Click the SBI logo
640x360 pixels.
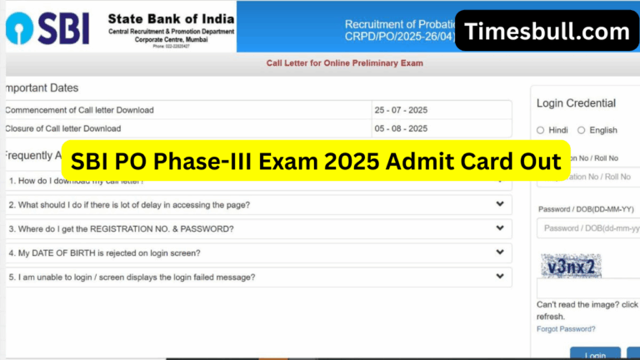(50, 27)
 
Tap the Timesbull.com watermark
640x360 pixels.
(547, 32)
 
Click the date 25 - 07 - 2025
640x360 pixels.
(401, 110)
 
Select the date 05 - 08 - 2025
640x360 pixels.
(401, 128)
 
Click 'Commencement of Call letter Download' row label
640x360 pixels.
(80, 110)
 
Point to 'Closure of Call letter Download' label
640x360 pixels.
(63, 128)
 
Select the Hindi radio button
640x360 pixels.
(541, 130)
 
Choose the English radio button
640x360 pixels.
(582, 130)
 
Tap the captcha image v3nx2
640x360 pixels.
(571, 267)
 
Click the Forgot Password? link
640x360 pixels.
(566, 329)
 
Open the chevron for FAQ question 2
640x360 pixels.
(500, 204)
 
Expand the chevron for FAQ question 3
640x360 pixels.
(500, 228)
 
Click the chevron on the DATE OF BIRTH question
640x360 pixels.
(500, 252)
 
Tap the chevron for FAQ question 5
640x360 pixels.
(500, 277)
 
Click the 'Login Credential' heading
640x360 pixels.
(576, 103)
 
